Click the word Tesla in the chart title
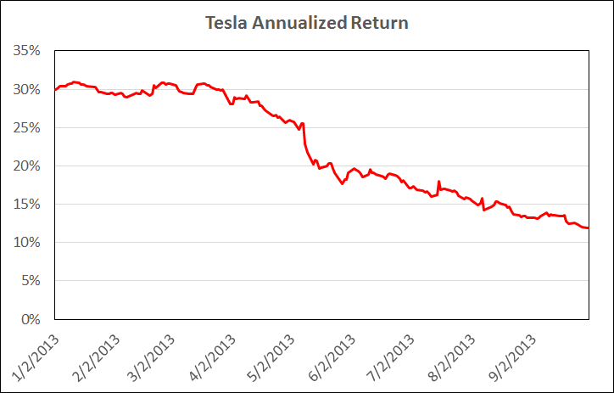point(225,23)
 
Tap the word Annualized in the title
point(293,23)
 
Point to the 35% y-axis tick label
point(28,51)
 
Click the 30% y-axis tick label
point(28,89)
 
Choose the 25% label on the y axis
point(28,127)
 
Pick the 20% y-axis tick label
point(28,166)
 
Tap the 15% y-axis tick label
point(28,205)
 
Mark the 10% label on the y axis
point(28,243)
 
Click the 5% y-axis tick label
point(31,281)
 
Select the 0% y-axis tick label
point(31,319)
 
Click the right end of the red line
point(588,228)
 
